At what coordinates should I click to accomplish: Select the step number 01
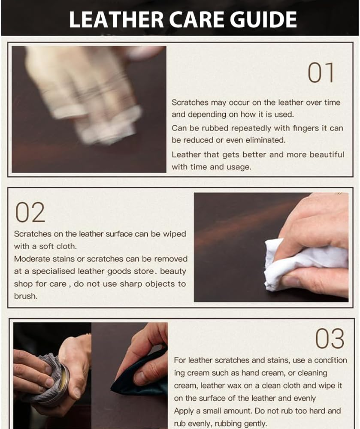321,73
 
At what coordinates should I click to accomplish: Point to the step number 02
30,212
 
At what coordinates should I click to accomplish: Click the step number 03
330,339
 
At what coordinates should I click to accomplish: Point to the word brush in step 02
25,296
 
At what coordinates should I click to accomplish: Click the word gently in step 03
253,423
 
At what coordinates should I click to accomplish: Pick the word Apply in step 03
183,411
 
